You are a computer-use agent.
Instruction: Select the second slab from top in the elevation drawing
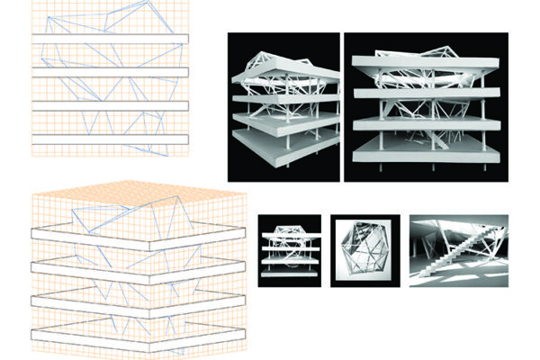(108, 71)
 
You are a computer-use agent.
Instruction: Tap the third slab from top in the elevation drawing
(108, 106)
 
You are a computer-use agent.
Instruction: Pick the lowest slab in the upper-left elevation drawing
(108, 140)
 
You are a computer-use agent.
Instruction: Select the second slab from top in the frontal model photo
(423, 91)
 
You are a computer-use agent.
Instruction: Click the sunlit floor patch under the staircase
(450, 275)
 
